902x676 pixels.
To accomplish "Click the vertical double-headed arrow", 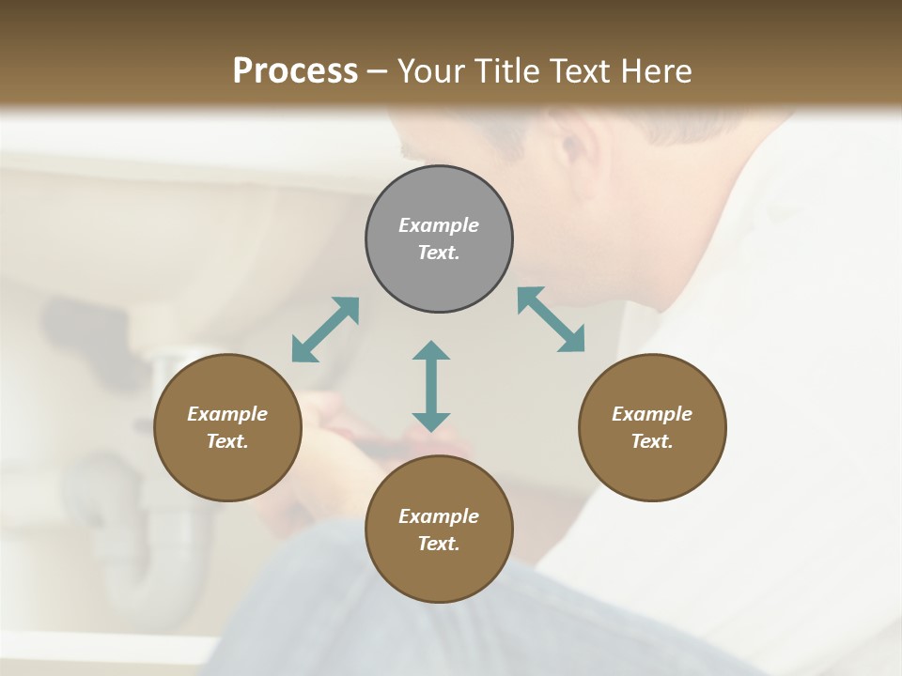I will [x=431, y=386].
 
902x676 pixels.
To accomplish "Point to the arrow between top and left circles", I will [x=325, y=330].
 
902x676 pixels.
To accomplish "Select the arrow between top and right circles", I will [x=552, y=319].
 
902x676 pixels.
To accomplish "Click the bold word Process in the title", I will [x=295, y=70].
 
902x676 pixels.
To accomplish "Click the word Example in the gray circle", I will [x=439, y=225].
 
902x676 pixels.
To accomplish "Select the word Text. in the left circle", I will [x=227, y=441].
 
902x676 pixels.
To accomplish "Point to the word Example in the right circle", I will [x=652, y=414].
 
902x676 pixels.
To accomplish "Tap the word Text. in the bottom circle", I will [x=439, y=544].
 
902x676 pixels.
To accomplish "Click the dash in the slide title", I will [x=378, y=71].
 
